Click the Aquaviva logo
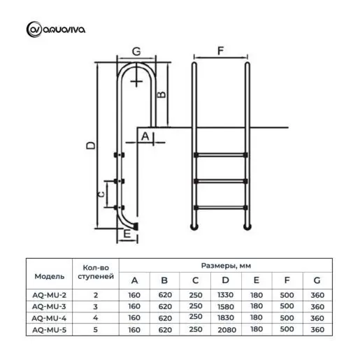(x=56, y=29)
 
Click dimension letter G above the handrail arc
(x=136, y=51)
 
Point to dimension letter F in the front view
(x=220, y=50)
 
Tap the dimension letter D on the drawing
(x=91, y=145)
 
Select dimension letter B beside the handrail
(x=162, y=94)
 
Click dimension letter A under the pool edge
(x=145, y=136)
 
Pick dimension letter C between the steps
(x=101, y=194)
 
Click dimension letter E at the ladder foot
(x=127, y=233)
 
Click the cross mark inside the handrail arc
(x=136, y=81)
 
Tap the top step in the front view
(x=221, y=154)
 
